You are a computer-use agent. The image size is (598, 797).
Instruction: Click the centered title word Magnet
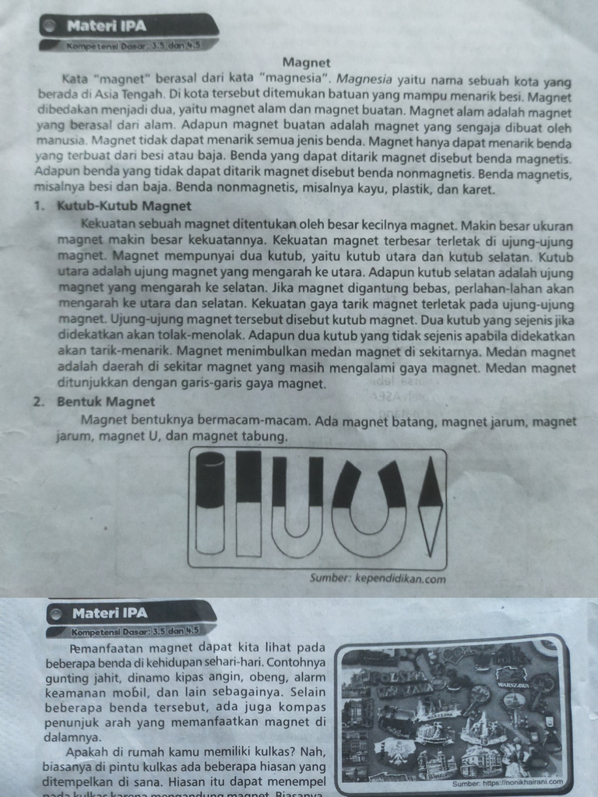tap(306, 62)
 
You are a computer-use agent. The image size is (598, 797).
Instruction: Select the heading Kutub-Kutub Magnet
tap(124, 206)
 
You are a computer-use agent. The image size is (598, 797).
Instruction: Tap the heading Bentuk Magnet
tap(106, 402)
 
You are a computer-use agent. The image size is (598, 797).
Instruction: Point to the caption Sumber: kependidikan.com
tap(378, 578)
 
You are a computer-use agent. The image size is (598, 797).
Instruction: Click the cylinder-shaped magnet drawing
tap(210, 504)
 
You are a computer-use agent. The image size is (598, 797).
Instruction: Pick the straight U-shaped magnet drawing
tap(297, 507)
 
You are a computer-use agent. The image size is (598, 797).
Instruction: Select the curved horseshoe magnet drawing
tap(369, 505)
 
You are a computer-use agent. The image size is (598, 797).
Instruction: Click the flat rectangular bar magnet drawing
tap(248, 503)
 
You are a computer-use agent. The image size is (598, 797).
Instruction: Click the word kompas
tap(302, 707)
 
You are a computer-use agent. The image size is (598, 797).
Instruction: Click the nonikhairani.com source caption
tap(507, 783)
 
